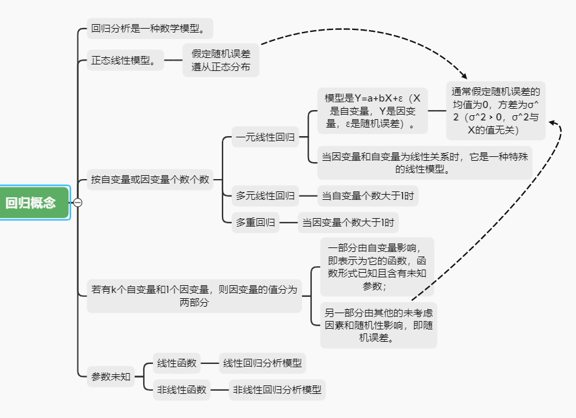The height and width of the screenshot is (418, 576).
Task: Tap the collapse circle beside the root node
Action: [78, 202]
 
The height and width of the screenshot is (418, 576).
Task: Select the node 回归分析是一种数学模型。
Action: [150, 28]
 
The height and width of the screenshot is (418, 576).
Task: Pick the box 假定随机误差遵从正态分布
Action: [221, 61]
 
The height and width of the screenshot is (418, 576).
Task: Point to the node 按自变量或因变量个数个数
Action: [150, 180]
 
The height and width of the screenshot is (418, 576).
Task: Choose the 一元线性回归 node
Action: [265, 137]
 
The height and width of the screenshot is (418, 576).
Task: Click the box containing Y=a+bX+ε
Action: [372, 111]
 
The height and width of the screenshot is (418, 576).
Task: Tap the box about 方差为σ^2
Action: [497, 111]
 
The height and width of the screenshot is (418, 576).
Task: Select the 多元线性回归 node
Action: [265, 195]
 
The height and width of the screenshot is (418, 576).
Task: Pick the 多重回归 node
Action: [255, 223]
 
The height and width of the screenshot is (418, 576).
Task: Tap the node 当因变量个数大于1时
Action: [348, 223]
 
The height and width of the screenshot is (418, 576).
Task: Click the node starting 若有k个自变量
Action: [194, 296]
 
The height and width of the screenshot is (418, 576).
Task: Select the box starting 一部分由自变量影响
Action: [377, 266]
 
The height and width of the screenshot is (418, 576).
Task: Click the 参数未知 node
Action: [111, 376]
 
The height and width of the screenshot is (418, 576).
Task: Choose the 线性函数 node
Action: [176, 363]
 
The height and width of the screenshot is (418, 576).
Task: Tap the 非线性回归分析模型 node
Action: [277, 390]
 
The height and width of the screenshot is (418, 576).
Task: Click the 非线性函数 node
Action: [182, 390]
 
